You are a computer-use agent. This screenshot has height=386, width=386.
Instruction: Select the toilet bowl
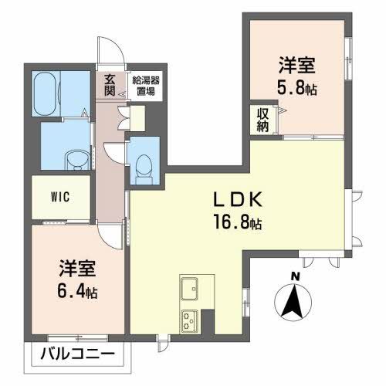tap(142, 164)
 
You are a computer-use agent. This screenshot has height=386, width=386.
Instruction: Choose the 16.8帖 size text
tap(239, 224)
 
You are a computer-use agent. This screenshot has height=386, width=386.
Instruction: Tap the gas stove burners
tap(190, 320)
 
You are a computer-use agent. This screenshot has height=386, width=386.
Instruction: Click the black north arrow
tap(293, 303)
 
